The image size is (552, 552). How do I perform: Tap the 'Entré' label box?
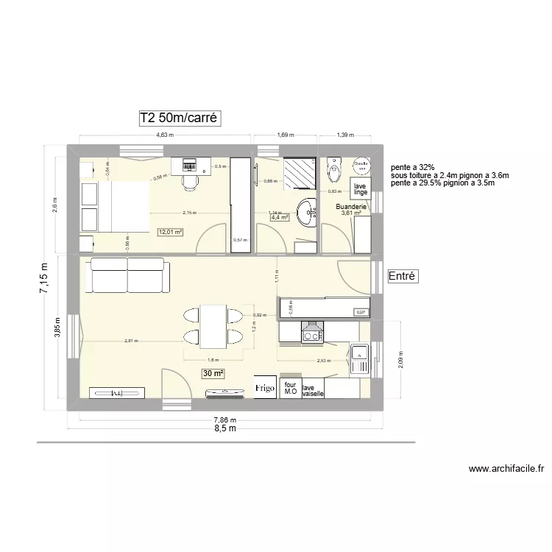pos(403,277)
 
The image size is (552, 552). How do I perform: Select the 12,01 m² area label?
pos(169,233)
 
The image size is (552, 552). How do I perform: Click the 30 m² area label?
pos(213,374)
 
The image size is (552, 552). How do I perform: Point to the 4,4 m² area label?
pos(280,218)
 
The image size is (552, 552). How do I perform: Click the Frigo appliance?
pos(264,387)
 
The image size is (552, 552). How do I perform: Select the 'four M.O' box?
pos(290,389)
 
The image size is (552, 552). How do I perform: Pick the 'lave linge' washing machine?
pos(360,190)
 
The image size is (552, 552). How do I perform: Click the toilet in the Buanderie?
pos(335,166)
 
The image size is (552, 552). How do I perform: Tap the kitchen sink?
pos(360,358)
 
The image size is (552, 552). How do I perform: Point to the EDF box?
pos(361,312)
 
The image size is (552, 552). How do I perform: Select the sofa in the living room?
pos(128,276)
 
